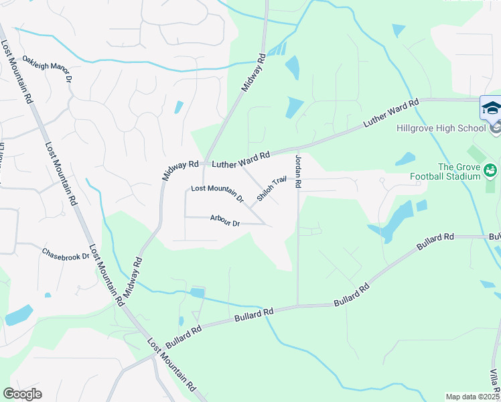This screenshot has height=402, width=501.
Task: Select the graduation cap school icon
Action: [x=491, y=108]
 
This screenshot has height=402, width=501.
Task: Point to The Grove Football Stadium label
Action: [x=459, y=172]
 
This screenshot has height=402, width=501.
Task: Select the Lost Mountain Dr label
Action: [x=217, y=193]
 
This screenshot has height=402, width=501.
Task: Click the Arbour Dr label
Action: [x=224, y=220]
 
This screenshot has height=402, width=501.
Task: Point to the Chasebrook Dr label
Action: [x=66, y=255]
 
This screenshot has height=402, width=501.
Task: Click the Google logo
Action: [x=22, y=394]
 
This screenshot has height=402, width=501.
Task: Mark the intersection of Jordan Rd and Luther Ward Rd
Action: [x=296, y=150]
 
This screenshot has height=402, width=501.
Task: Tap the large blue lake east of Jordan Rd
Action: [x=393, y=220]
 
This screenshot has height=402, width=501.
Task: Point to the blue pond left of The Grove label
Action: [x=406, y=159]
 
